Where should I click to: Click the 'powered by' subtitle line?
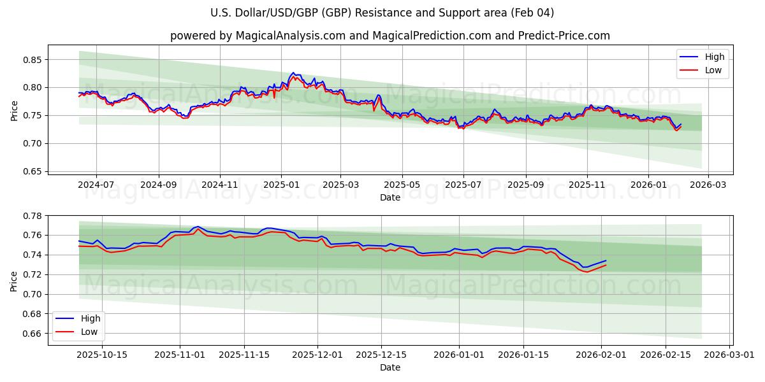pyautogui.click(x=390, y=36)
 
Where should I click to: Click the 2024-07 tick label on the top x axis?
pyautogui.click(x=96, y=185)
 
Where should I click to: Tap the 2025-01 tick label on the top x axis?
pyautogui.click(x=281, y=185)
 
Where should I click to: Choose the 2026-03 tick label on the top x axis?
pyautogui.click(x=709, y=185)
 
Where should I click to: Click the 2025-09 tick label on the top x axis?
pyautogui.click(x=526, y=185)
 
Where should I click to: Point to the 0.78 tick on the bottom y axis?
pyautogui.click(x=32, y=216)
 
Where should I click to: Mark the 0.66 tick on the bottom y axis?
pyautogui.click(x=32, y=334)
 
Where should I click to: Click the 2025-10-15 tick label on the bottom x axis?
pyautogui.click(x=103, y=355)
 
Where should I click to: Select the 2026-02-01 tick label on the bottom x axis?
pyautogui.click(x=601, y=355)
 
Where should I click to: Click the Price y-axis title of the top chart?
pyautogui.click(x=15, y=110)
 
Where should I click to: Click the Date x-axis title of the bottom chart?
pyautogui.click(x=390, y=367)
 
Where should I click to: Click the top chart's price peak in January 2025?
pyautogui.click(x=293, y=73)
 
